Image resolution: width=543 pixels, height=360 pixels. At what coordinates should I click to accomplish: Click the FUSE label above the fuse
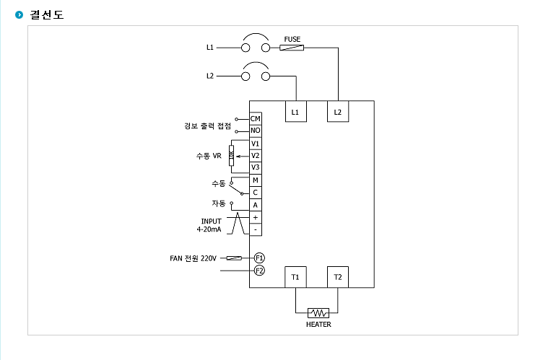[x=292, y=39]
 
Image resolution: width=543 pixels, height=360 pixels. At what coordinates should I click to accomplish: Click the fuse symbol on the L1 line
[x=292, y=48]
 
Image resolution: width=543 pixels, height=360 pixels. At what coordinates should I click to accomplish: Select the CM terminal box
[x=256, y=119]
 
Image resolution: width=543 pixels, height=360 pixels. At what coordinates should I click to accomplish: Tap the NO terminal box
[x=256, y=131]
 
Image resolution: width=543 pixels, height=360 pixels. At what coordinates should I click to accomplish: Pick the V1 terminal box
[x=256, y=144]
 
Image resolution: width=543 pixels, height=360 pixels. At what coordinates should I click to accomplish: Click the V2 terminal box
[x=256, y=155]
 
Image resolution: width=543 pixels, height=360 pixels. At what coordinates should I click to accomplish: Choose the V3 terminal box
[x=256, y=167]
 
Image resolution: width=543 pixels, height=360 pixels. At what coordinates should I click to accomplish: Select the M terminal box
[x=256, y=180]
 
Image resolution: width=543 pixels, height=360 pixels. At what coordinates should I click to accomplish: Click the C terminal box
[x=256, y=193]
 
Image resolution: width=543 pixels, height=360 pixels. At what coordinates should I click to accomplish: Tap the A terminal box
[x=256, y=205]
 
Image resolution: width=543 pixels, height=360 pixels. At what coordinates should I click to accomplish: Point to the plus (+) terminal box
[x=256, y=217]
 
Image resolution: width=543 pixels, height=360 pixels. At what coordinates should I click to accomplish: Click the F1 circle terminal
[x=259, y=258]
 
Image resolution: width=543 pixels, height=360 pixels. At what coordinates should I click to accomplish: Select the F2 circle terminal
[x=259, y=271]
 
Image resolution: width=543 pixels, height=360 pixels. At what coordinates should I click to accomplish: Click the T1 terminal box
[x=295, y=277]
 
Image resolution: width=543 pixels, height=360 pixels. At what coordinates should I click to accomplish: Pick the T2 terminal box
[x=338, y=277]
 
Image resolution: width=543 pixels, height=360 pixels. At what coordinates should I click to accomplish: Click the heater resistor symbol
[x=318, y=313]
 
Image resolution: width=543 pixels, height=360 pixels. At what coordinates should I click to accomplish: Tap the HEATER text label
[x=318, y=325]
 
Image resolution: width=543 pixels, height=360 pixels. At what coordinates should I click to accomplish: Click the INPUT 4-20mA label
[x=209, y=225]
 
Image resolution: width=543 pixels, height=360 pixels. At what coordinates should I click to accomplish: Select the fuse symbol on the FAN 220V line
[x=234, y=258]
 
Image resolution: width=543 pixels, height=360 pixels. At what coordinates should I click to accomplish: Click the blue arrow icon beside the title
[x=19, y=14]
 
